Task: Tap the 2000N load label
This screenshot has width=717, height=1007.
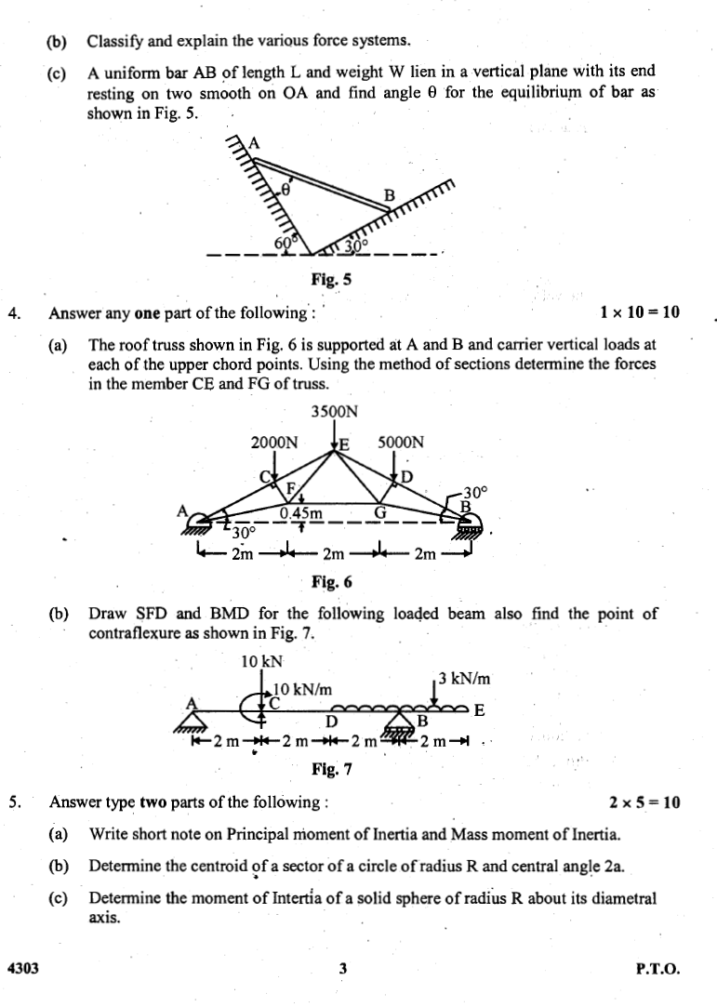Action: click(x=275, y=443)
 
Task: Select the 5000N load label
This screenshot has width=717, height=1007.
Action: click(x=402, y=443)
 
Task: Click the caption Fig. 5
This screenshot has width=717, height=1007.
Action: click(x=333, y=277)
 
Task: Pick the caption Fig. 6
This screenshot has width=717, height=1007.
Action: click(x=333, y=583)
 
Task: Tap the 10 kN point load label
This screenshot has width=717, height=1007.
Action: click(x=260, y=661)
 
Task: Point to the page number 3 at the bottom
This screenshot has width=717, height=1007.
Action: click(x=343, y=969)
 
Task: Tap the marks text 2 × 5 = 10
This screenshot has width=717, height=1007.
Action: click(x=645, y=802)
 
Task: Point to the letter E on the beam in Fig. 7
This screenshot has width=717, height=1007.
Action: click(x=479, y=711)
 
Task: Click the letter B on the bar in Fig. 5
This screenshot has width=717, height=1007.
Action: click(x=391, y=196)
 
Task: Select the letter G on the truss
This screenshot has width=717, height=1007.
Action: click(x=379, y=511)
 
